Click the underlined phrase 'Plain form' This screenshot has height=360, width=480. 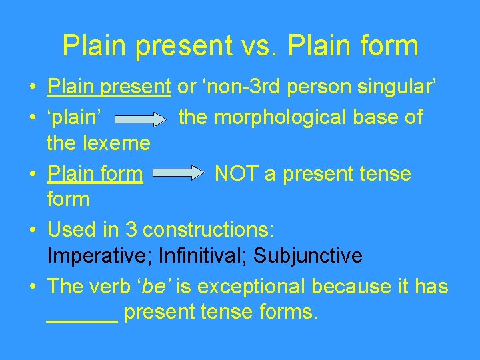point(95,174)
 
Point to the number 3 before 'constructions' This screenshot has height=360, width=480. point(131,230)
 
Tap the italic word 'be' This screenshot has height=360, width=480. point(155,287)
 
